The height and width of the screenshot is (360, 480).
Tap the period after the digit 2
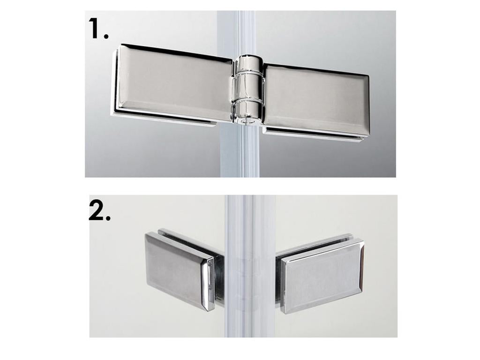pyautogui.click(x=108, y=218)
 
